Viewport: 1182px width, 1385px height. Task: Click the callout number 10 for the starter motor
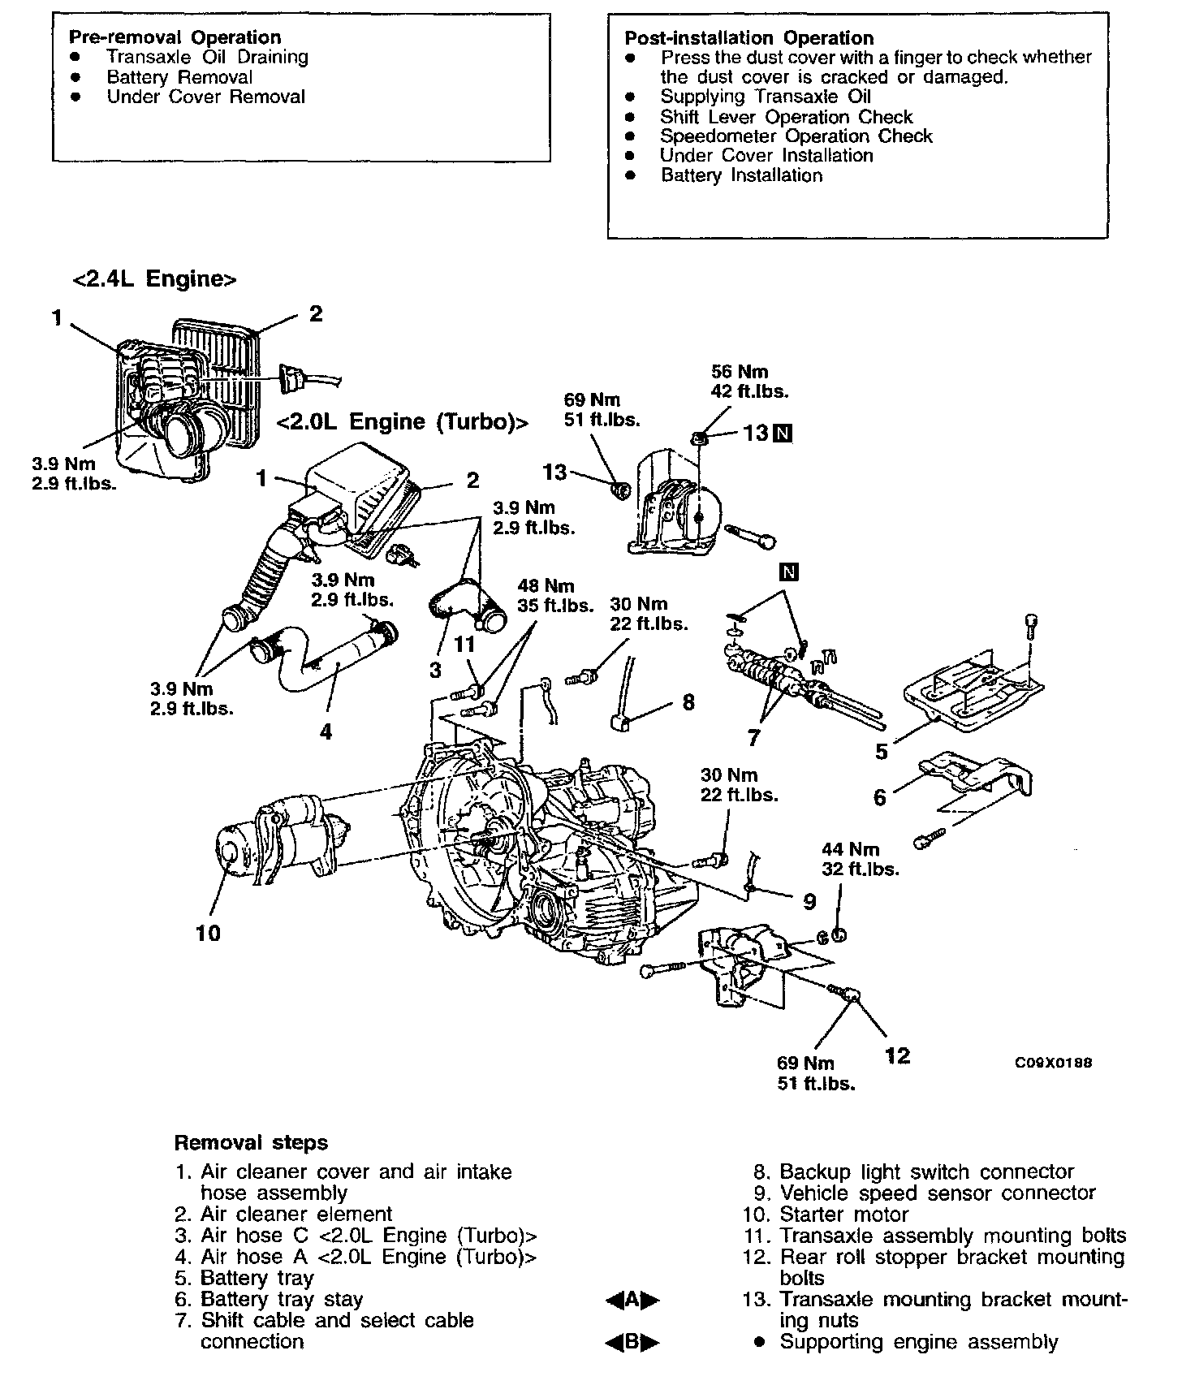[x=208, y=933]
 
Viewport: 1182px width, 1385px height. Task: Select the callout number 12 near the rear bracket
[x=898, y=1055]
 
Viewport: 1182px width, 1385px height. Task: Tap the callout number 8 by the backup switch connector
[x=688, y=701]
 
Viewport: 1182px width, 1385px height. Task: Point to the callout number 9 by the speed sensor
[x=809, y=901]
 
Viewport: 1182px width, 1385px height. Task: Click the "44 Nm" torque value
[x=850, y=850]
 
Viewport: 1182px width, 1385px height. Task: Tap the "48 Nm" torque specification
[x=545, y=586]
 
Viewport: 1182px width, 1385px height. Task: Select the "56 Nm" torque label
[x=739, y=372]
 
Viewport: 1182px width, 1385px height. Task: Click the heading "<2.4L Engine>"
[x=154, y=279]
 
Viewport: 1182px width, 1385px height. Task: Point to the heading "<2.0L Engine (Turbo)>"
[x=402, y=423]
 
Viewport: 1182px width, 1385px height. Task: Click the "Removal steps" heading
[x=251, y=1143]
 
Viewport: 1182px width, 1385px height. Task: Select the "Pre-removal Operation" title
[x=175, y=37]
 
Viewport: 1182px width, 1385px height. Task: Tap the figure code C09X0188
[x=1053, y=1063]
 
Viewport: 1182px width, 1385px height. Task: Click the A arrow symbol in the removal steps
[x=632, y=1301]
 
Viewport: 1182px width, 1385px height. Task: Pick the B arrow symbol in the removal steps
[x=632, y=1343]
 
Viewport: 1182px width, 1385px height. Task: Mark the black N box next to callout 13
[x=783, y=434]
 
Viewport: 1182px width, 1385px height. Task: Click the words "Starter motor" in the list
[x=843, y=1215]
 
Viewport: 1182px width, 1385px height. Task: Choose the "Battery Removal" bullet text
[x=179, y=77]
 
